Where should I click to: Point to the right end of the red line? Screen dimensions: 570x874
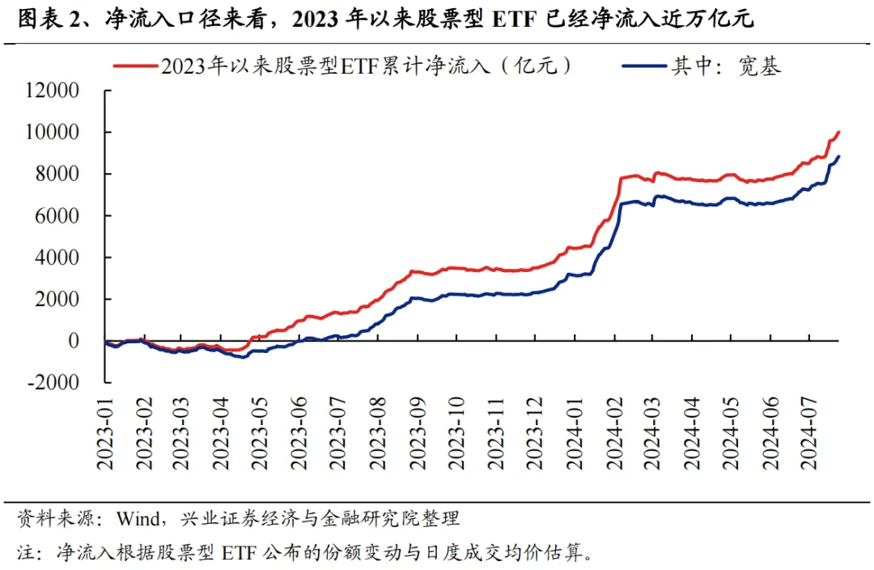[x=839, y=132]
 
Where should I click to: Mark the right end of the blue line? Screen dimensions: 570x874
[x=839, y=156]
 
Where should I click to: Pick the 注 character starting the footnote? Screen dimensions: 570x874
[x=27, y=554]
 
